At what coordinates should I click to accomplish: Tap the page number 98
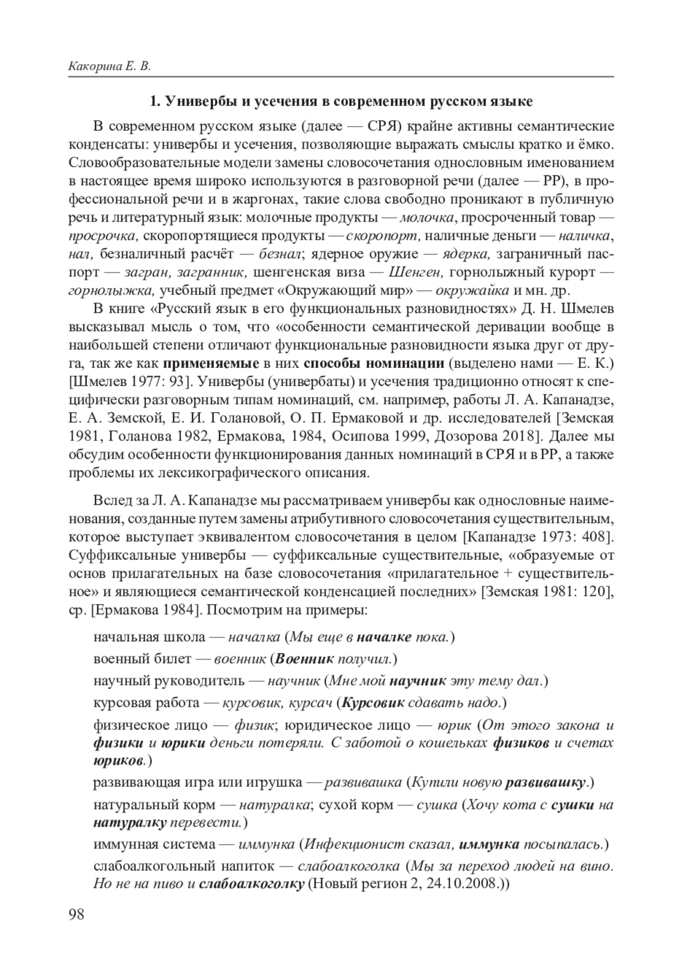tap(76, 914)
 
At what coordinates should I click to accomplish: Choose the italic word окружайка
tap(472, 290)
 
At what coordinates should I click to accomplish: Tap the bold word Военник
tap(304, 659)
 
